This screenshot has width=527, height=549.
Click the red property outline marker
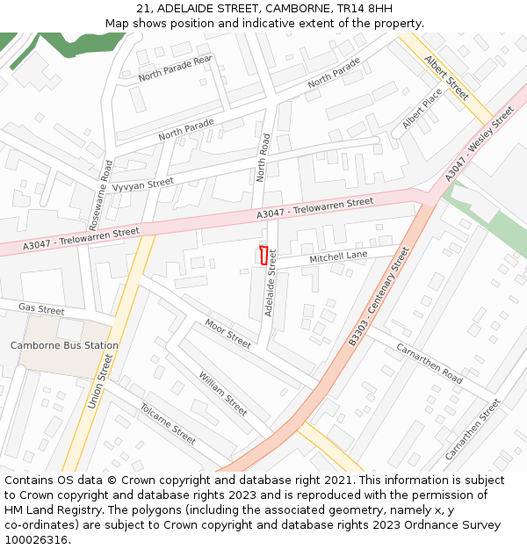pyautogui.click(x=262, y=256)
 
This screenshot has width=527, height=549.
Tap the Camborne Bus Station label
pyautogui.click(x=64, y=346)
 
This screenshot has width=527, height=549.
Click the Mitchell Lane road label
pyautogui.click(x=338, y=256)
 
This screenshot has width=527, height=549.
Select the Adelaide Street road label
pyautogui.click(x=271, y=283)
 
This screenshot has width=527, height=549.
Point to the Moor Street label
pyautogui.click(x=227, y=334)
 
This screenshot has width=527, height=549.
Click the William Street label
pyautogui.click(x=222, y=393)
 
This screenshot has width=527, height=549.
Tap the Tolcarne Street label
pyautogui.click(x=168, y=423)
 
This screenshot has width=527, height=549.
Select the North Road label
pyautogui.click(x=263, y=158)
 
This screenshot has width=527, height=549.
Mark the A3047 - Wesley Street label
pyautogui.click(x=479, y=144)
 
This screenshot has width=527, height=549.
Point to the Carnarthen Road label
pyautogui.click(x=430, y=364)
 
